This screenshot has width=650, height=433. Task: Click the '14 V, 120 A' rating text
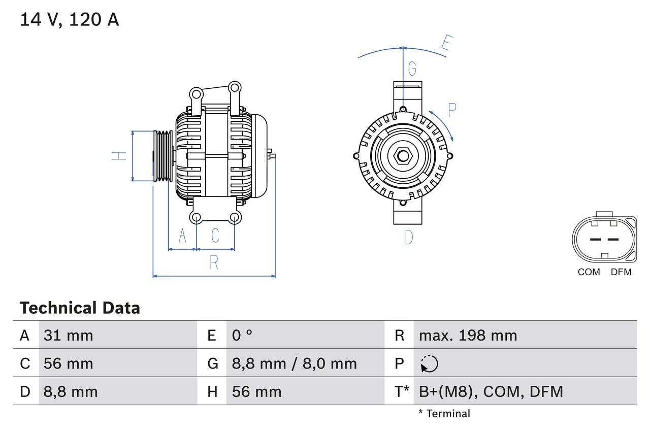(70, 20)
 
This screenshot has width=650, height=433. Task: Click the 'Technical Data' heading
(80, 308)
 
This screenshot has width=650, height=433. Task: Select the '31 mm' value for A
(69, 335)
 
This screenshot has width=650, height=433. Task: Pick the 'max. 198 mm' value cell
(468, 335)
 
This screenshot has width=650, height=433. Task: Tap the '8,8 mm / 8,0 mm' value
(295, 363)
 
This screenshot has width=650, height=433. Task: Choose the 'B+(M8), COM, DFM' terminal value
(491, 391)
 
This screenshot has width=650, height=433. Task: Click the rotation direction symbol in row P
(429, 363)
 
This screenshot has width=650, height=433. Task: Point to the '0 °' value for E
(242, 335)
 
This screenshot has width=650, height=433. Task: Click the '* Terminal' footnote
(444, 414)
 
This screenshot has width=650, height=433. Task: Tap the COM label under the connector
(589, 272)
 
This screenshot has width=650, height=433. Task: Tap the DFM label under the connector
(621, 272)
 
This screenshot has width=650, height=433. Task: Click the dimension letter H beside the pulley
(119, 156)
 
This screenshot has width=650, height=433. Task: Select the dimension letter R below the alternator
(214, 262)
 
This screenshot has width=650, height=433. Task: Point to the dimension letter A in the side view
(182, 236)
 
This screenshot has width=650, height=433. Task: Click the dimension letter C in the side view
(215, 236)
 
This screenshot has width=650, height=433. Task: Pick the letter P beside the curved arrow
(452, 109)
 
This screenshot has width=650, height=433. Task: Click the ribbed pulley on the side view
(163, 156)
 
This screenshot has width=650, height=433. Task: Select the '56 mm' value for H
(256, 391)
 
